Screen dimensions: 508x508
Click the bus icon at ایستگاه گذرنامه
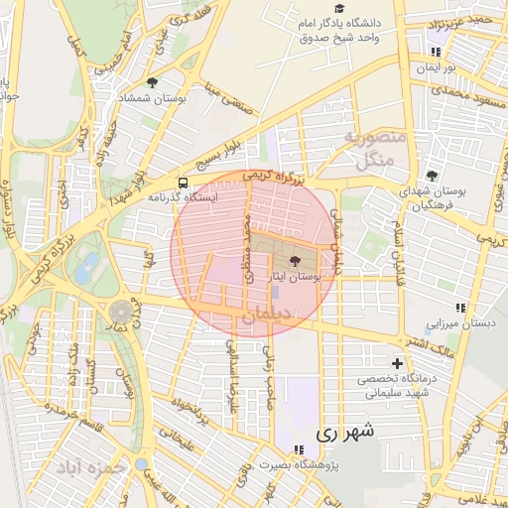pyautogui.click(x=183, y=183)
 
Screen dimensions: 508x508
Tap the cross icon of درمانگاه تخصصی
pyautogui.click(x=399, y=363)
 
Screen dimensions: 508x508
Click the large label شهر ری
pyautogui.click(x=346, y=433)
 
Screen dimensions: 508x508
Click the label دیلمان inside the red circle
pyautogui.click(x=263, y=315)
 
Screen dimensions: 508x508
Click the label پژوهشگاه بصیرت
pyautogui.click(x=296, y=463)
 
